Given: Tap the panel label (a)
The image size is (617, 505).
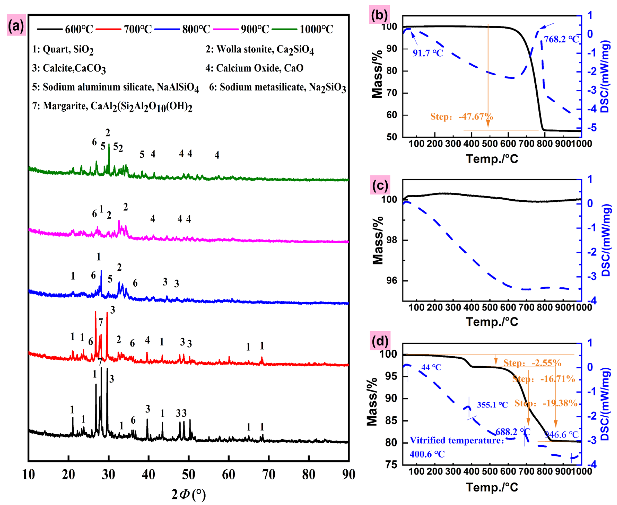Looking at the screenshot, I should pos(16,26).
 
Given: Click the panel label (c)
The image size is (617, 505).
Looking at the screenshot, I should pos(380,185).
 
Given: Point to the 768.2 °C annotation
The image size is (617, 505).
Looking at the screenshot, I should pos(561,39).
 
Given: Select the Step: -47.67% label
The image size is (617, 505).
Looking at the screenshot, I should pos(461,117).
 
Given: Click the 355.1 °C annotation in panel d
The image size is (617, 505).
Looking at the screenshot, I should pos(492,405).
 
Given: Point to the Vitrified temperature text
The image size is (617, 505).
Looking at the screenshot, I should pos(457,440).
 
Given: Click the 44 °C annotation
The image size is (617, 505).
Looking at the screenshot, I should pos(431,367).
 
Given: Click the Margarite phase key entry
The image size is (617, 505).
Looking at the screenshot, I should pos(112,106).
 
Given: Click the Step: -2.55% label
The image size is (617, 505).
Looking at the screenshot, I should pos(532,363).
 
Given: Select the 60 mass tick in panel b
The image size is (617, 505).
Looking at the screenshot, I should pos(392,115).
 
